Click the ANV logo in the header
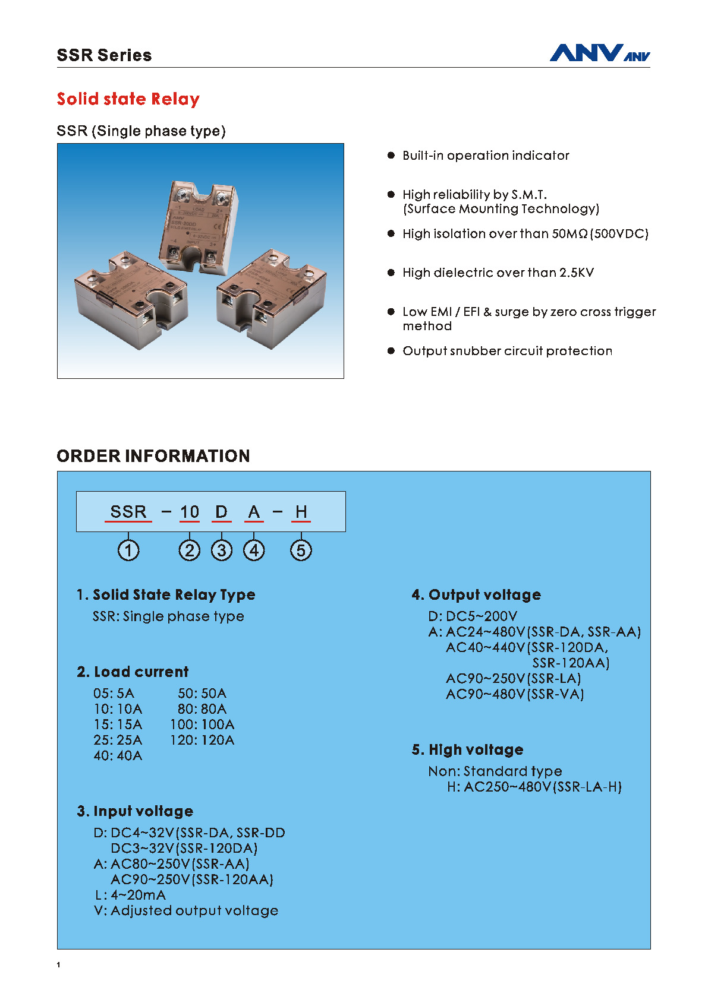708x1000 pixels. (599, 53)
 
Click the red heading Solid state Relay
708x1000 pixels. (128, 99)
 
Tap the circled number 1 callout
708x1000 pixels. (128, 550)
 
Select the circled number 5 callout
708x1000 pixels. (301, 550)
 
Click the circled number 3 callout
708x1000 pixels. (222, 550)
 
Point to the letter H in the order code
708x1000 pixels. (301, 512)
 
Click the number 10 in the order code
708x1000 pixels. (190, 512)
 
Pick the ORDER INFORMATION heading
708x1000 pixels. (153, 456)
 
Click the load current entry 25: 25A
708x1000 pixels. (118, 740)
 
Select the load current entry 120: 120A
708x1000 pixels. (202, 740)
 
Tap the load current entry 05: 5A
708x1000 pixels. (114, 694)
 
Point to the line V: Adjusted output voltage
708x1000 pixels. (186, 910)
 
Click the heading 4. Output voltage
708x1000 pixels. (476, 595)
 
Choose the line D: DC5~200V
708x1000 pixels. (473, 616)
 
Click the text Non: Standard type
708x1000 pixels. (495, 771)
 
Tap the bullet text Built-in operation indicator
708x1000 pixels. (486, 156)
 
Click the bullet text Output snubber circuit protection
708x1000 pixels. (507, 351)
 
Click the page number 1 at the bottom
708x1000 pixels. (58, 965)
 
